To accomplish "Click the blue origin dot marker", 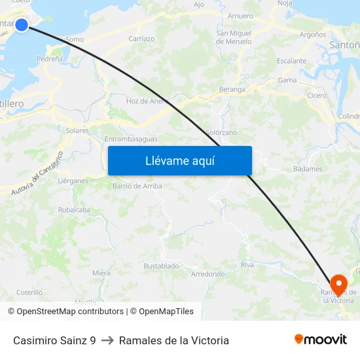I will (22, 25).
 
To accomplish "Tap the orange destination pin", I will (338, 283).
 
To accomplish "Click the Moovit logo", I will (320, 339).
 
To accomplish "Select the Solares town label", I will (77, 130).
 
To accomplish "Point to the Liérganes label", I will (73, 181).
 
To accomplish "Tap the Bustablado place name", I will (161, 266).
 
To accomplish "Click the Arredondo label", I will (207, 274).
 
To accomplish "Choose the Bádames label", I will (308, 169).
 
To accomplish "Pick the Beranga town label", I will (232, 89).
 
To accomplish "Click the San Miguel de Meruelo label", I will (234, 37).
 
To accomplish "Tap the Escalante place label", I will (291, 61).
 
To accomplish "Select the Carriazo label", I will (141, 39).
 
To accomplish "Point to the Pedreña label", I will (50, 59).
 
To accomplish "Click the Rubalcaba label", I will (74, 210).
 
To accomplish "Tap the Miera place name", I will (101, 273).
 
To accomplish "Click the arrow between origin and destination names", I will (107, 340).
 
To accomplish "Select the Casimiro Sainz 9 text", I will (54, 340).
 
